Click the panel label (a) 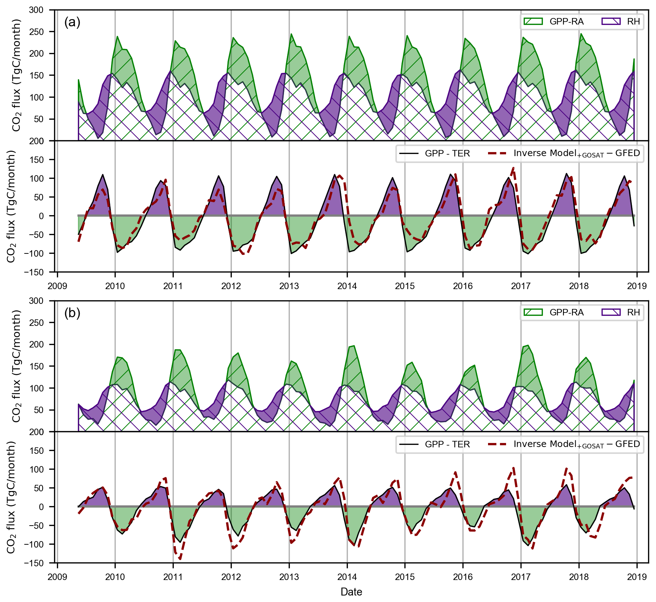72,22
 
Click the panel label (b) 72,313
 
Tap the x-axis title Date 351,592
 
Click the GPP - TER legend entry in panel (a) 434,154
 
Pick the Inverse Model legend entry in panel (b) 564,444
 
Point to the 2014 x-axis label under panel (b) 347,577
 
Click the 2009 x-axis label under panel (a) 57,286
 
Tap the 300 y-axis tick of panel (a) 36,10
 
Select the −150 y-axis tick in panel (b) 34,563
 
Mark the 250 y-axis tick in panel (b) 36,323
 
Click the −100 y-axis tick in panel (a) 34,253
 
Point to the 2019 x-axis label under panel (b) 637,577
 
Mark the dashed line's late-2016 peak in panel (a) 513,168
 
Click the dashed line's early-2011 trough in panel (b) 179,559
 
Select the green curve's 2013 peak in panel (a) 291,34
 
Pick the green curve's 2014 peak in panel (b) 354,346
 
